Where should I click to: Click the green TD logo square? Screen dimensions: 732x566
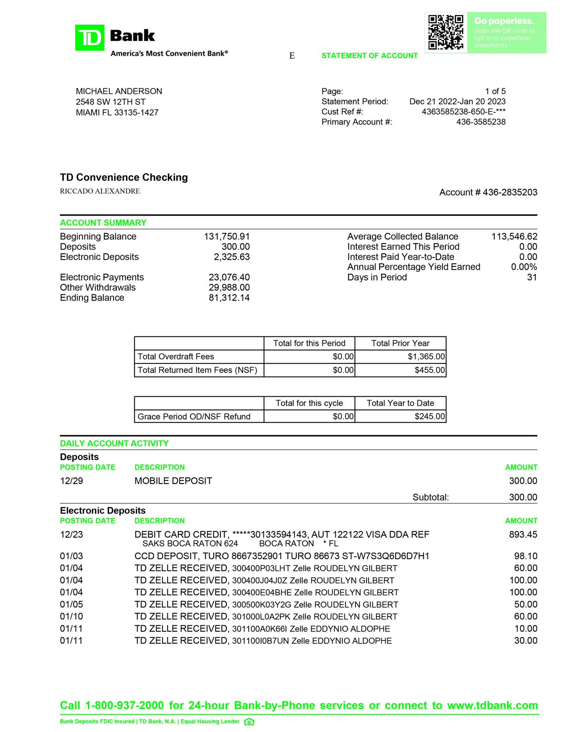pyautogui.click(x=89, y=37)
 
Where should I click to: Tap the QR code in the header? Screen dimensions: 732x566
pyautogui.click(x=445, y=32)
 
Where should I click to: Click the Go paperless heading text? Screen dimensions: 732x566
pyautogui.click(x=503, y=21)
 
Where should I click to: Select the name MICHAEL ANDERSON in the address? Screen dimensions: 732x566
pyautogui.click(x=119, y=91)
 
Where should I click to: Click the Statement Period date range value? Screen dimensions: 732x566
pyautogui.click(x=457, y=101)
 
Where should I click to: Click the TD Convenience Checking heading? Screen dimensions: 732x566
pyautogui.click(x=124, y=177)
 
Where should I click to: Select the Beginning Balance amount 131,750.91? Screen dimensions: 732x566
pyautogui.click(x=226, y=236)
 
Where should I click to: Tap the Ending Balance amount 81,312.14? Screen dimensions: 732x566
pyautogui.click(x=229, y=298)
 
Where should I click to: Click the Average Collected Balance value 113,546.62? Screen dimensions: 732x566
pyautogui.click(x=514, y=236)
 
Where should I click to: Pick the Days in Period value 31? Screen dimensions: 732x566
pyautogui.click(x=532, y=277)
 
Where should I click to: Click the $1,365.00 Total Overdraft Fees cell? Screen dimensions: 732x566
pyautogui.click(x=426, y=357)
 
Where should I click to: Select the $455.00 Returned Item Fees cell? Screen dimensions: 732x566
pyautogui.click(x=429, y=370)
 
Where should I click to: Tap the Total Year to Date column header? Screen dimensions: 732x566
pyautogui.click(x=400, y=403)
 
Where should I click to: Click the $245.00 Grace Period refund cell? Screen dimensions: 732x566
pyautogui.click(x=429, y=416)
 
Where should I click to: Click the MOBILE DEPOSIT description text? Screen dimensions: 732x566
pyautogui.click(x=173, y=481)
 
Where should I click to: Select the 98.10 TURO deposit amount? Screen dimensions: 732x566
pyautogui.click(x=525, y=556)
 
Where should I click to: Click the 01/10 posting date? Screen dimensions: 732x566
pyautogui.click(x=71, y=616)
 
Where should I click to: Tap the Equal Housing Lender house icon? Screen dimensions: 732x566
pyautogui.click(x=249, y=722)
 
